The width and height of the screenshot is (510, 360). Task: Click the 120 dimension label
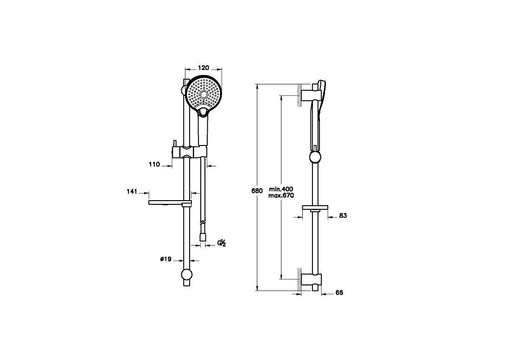[203, 68]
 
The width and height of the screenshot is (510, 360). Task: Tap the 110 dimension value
[154, 164]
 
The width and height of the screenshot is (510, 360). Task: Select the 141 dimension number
[132, 192]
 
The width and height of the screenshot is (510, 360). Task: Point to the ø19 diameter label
[166, 259]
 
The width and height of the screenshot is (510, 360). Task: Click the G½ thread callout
[222, 243]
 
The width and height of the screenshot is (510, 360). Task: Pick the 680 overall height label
[257, 191]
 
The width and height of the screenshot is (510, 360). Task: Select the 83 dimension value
[343, 215]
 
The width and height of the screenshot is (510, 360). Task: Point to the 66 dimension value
[339, 293]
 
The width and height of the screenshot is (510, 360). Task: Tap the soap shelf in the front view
[170, 203]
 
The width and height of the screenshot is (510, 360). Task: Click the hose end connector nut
[203, 236]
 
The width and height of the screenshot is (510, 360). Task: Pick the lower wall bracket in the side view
[312, 279]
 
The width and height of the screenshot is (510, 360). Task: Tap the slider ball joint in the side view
[315, 157]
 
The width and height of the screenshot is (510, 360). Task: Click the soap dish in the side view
[315, 207]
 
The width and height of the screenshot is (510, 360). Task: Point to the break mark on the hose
[202, 223]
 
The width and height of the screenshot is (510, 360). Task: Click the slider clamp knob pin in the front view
[175, 143]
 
